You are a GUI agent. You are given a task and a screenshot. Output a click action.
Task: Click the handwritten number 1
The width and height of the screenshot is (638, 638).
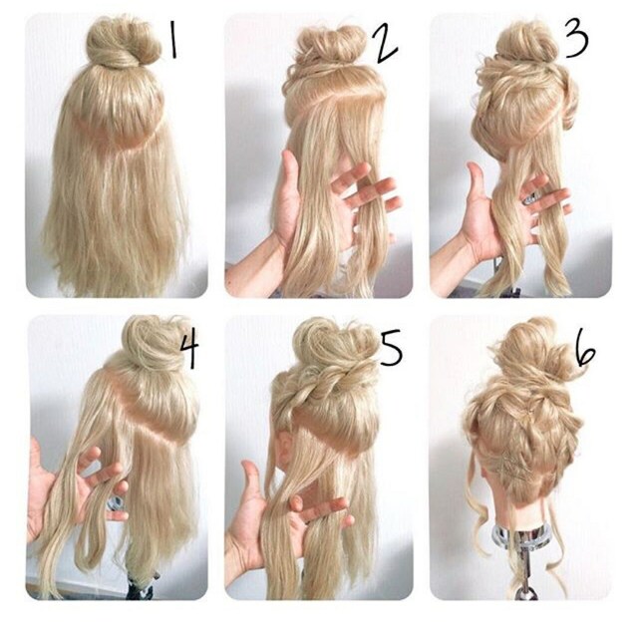173,40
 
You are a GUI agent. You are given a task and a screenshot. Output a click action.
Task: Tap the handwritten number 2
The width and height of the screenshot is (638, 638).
386,45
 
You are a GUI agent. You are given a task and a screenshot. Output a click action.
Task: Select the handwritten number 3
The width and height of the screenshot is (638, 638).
576,37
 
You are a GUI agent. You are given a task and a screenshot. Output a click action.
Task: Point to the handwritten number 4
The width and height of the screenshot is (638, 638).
189,349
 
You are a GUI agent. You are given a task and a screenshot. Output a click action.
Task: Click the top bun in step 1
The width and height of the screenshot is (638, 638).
124,43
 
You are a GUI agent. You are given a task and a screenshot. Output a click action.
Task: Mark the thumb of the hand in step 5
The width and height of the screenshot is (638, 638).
251,484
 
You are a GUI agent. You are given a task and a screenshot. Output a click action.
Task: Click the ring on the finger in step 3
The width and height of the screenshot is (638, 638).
530,199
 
